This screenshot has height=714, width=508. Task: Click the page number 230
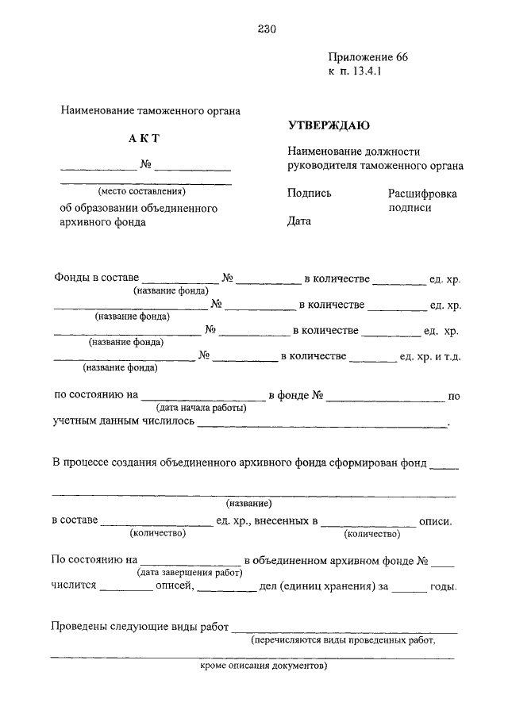[x=266, y=30]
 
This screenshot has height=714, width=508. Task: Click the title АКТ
[x=144, y=139]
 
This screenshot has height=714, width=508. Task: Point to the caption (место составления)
[x=141, y=191]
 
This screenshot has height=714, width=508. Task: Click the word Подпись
[x=310, y=193]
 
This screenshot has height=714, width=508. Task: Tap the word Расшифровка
[x=422, y=193]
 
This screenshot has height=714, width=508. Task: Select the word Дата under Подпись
[x=299, y=221]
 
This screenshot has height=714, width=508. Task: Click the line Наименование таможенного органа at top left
[x=150, y=111]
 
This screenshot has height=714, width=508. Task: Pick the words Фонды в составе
[x=97, y=278]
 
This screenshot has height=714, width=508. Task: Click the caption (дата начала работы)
[x=201, y=408]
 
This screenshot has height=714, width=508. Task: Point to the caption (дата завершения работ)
[x=190, y=571]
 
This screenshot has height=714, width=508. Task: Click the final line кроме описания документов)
[x=263, y=666]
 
